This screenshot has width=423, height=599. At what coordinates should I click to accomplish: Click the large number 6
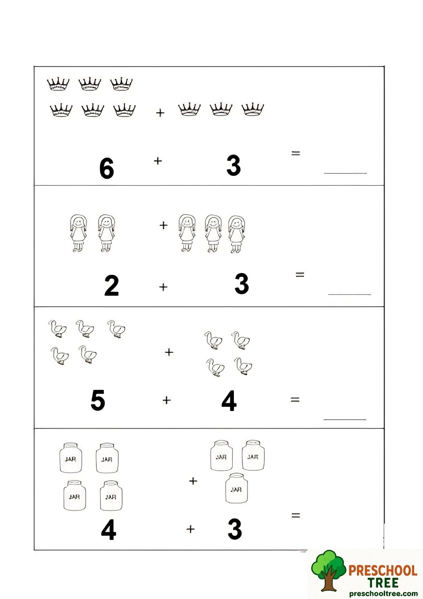[107, 168]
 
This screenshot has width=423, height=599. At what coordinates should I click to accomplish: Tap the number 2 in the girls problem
[111, 286]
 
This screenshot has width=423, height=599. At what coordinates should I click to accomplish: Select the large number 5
[98, 401]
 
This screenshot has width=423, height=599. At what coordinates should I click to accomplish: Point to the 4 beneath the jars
[109, 531]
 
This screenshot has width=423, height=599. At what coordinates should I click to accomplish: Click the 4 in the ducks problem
[229, 402]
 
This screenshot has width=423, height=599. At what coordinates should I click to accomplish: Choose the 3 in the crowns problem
[233, 166]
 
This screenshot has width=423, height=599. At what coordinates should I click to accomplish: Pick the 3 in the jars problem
[235, 529]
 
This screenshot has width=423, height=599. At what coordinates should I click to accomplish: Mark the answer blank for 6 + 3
[345, 173]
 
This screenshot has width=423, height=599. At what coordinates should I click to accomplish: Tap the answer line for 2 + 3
[350, 294]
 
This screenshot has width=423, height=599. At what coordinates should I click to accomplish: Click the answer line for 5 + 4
[345, 419]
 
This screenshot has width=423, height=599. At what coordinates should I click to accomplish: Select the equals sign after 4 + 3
[295, 515]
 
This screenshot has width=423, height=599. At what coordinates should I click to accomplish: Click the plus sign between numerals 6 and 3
[158, 161]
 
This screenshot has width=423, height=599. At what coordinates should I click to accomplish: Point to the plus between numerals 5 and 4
[167, 400]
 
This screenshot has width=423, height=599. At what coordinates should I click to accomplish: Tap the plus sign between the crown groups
[160, 113]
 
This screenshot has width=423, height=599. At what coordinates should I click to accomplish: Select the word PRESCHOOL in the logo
[383, 570]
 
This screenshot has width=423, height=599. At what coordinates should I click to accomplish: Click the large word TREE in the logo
[383, 583]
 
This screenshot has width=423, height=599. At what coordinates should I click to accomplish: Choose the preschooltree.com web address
[382, 593]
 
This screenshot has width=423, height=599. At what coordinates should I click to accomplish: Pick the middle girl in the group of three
[213, 234]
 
